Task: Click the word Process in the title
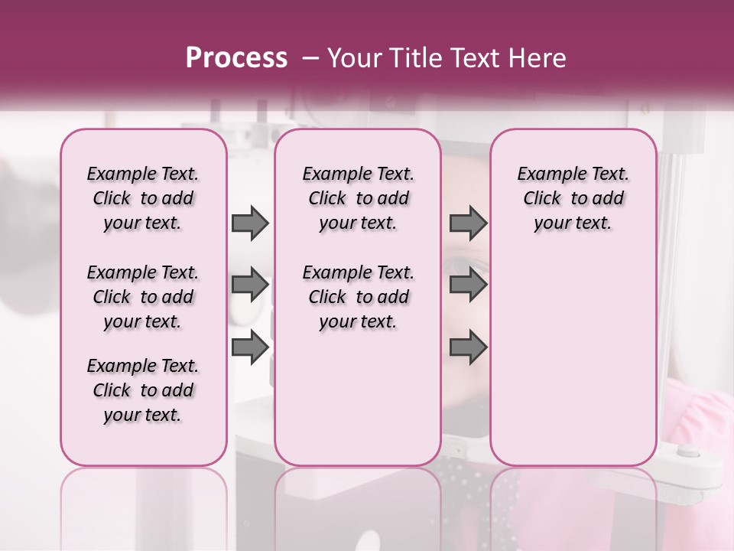(x=236, y=58)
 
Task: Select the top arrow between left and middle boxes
(x=250, y=223)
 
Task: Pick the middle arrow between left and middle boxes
(x=250, y=285)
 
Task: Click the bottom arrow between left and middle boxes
(x=250, y=347)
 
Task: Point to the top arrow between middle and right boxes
(x=468, y=223)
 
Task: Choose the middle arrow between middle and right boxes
(x=468, y=285)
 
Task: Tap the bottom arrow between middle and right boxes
(x=468, y=347)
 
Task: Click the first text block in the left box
(x=143, y=198)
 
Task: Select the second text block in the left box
(x=143, y=297)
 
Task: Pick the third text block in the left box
(x=143, y=390)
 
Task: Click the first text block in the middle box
(x=358, y=198)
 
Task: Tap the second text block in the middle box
(x=358, y=297)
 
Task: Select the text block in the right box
(x=573, y=198)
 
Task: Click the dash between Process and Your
(x=310, y=58)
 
